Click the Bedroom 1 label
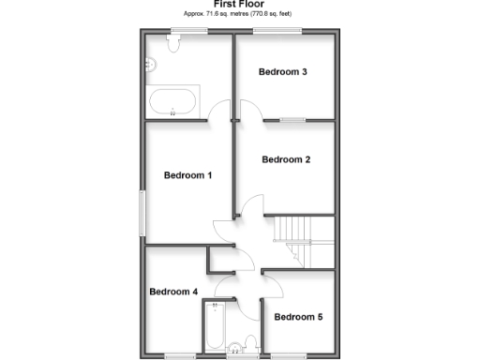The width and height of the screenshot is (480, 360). point(187,175)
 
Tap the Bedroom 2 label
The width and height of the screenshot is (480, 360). point(286,159)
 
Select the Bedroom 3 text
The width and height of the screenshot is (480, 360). point(283,72)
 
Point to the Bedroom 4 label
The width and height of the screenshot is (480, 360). point(173,292)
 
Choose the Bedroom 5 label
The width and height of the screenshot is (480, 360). point(298,317)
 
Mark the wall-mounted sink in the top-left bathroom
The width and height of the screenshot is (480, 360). point(150,65)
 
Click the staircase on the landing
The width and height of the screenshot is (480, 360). point(297,232)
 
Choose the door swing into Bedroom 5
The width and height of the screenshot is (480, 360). point(272,280)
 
